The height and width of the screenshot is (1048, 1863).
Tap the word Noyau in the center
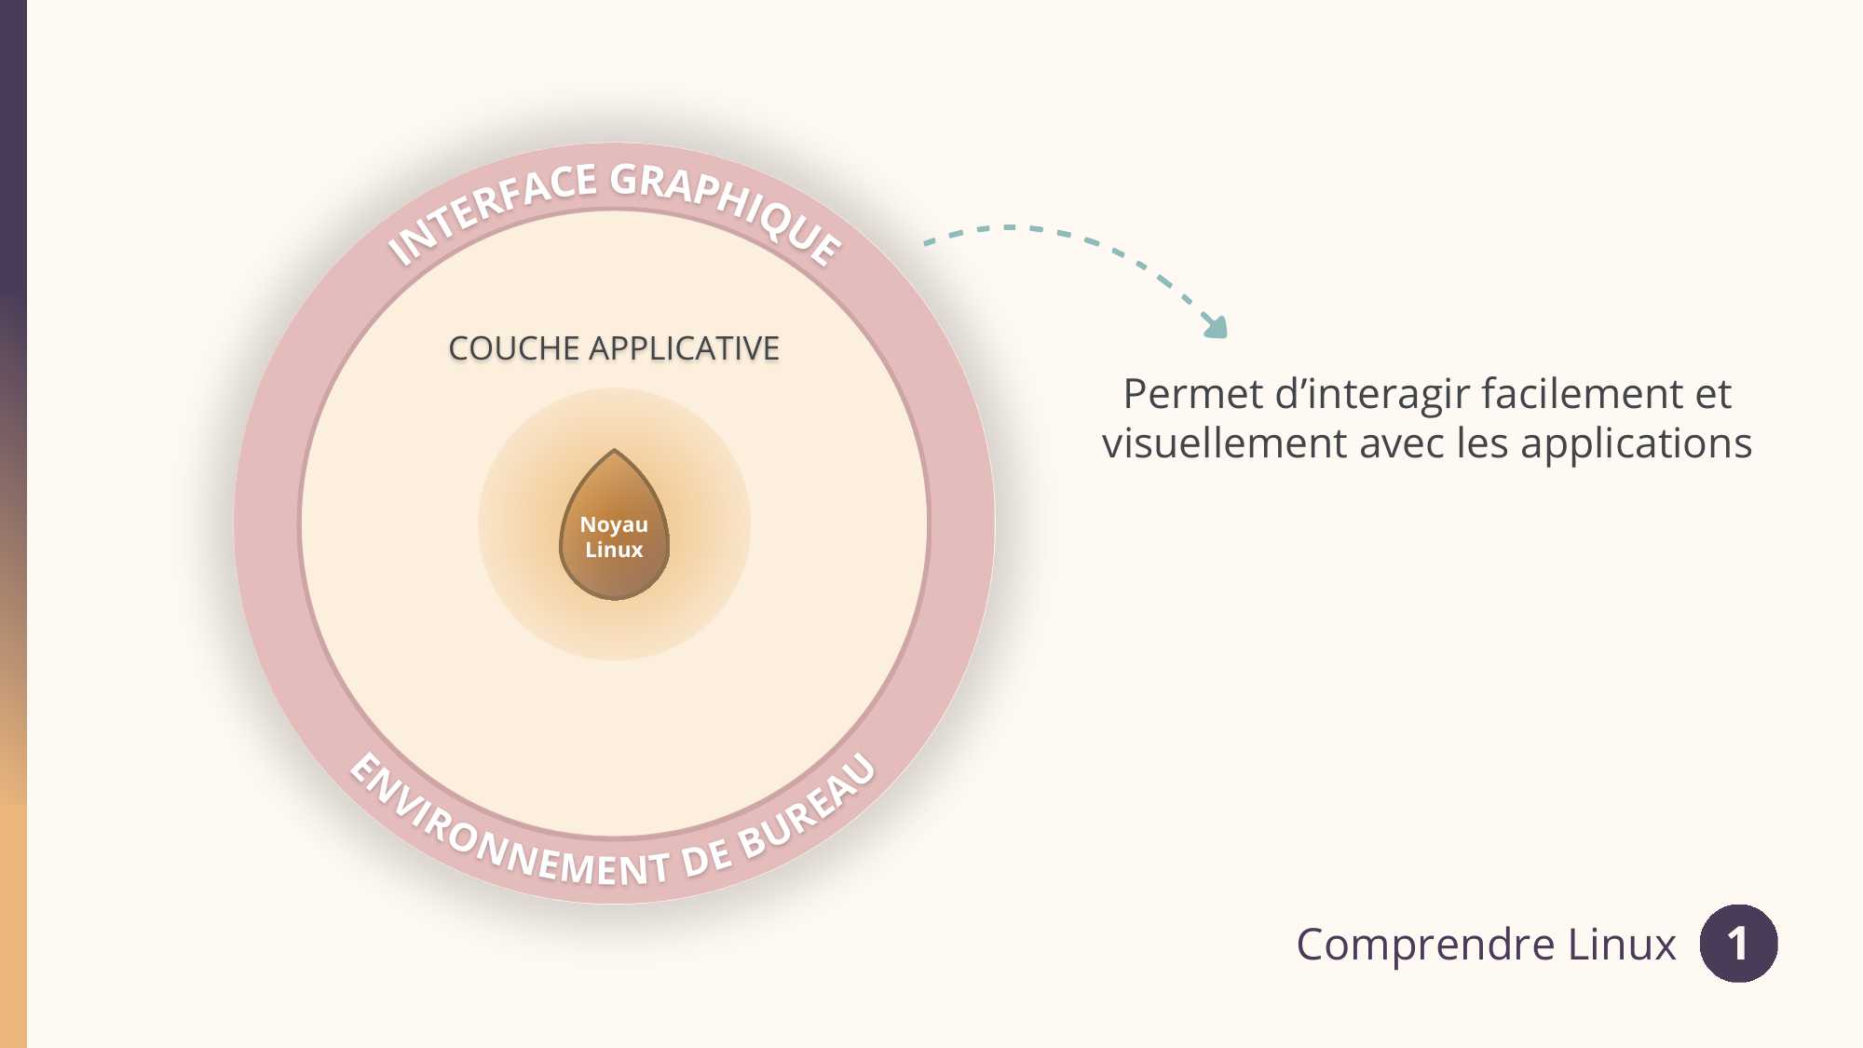[614, 524]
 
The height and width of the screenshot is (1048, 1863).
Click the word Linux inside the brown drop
[614, 550]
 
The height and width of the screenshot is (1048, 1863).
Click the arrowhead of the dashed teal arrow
[1216, 326]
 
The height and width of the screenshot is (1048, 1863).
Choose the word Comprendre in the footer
[1426, 945]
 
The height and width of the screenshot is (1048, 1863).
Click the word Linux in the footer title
[1622, 944]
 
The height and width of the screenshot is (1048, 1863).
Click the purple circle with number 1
[1738, 943]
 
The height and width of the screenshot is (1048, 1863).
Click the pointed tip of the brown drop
[614, 450]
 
